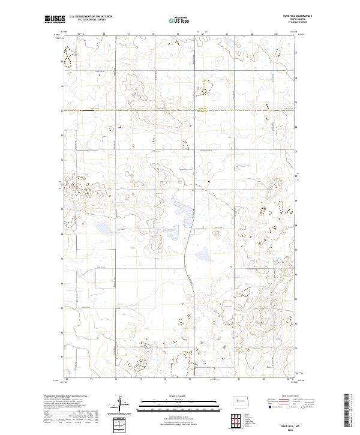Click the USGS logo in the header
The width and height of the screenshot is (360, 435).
pyautogui.click(x=55, y=20)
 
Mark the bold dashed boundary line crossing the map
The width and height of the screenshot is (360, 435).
pyautogui.click(x=180, y=110)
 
